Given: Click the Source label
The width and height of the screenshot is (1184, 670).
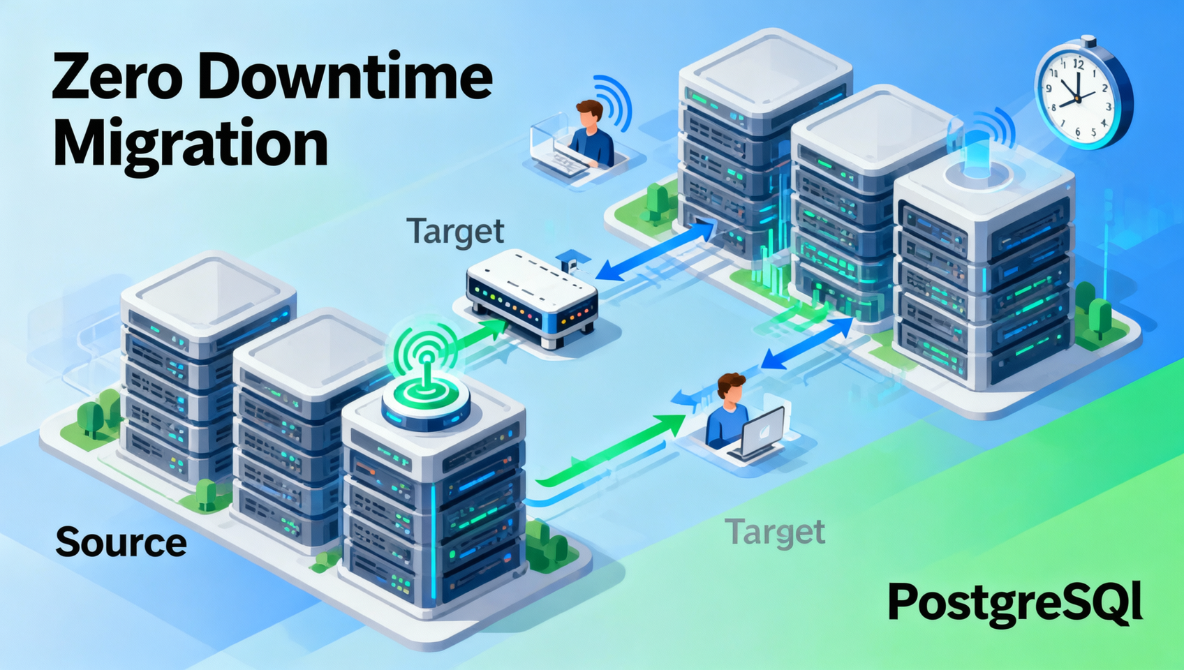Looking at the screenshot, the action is [x=121, y=542].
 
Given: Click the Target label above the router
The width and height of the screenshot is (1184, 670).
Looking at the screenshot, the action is [x=455, y=232].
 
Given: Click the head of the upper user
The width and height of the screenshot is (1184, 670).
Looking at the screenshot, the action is [x=589, y=113].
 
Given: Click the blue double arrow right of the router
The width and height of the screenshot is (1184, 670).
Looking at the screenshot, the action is [x=656, y=251].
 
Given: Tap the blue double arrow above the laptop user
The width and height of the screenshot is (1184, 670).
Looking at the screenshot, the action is [x=807, y=343].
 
